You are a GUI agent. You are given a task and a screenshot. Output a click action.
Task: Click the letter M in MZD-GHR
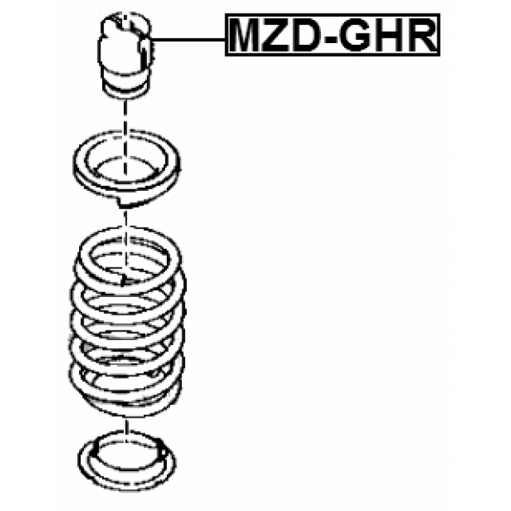(247, 35)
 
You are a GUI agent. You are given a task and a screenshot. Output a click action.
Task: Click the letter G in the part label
(355, 35)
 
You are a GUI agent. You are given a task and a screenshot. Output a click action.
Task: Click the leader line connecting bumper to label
(188, 39)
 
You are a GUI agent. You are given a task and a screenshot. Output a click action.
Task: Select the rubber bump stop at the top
(125, 55)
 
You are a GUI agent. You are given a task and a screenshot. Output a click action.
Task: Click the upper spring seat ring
(126, 168)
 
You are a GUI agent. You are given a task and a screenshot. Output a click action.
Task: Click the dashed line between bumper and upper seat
(125, 137)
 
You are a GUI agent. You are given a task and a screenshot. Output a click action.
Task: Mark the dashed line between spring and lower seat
(126, 428)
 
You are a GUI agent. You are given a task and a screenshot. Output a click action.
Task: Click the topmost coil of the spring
(129, 257)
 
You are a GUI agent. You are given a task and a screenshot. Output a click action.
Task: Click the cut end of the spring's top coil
(124, 279)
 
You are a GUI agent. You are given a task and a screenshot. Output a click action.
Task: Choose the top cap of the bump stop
(126, 23)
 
